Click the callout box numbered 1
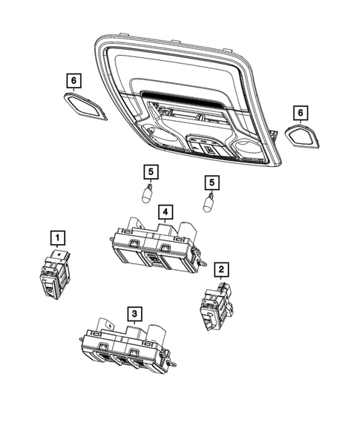pos(56,238)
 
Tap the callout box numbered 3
pos(133,313)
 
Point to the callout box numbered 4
pos(163,212)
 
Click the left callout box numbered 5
pos(151,173)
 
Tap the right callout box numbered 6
pos(300,113)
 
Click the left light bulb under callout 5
pos(148,196)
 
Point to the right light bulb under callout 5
pos(211,203)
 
